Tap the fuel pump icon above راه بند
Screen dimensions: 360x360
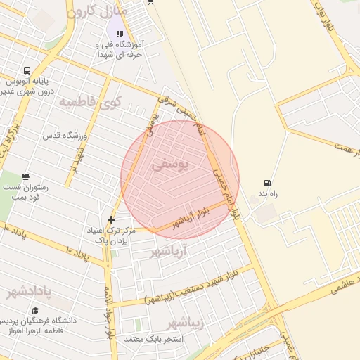[266, 183]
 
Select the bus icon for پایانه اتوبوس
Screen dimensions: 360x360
[27, 70]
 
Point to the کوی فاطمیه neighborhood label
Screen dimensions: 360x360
[89, 103]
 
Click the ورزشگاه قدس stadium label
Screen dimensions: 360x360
[64, 134]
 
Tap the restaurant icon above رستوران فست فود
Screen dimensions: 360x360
[26, 176]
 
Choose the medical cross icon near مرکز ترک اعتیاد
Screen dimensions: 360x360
[111, 220]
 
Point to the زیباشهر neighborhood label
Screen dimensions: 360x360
[185, 323]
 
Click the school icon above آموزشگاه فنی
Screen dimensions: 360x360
[120, 33]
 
